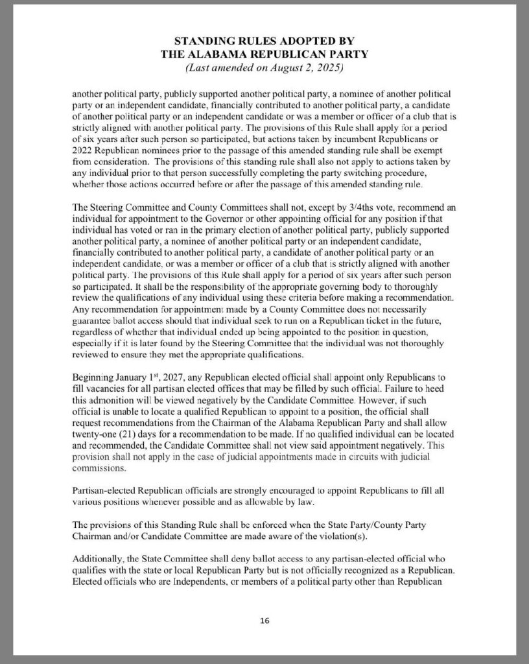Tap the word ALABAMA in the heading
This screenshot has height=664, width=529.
click(x=225, y=54)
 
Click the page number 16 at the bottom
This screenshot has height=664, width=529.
click(x=264, y=621)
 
